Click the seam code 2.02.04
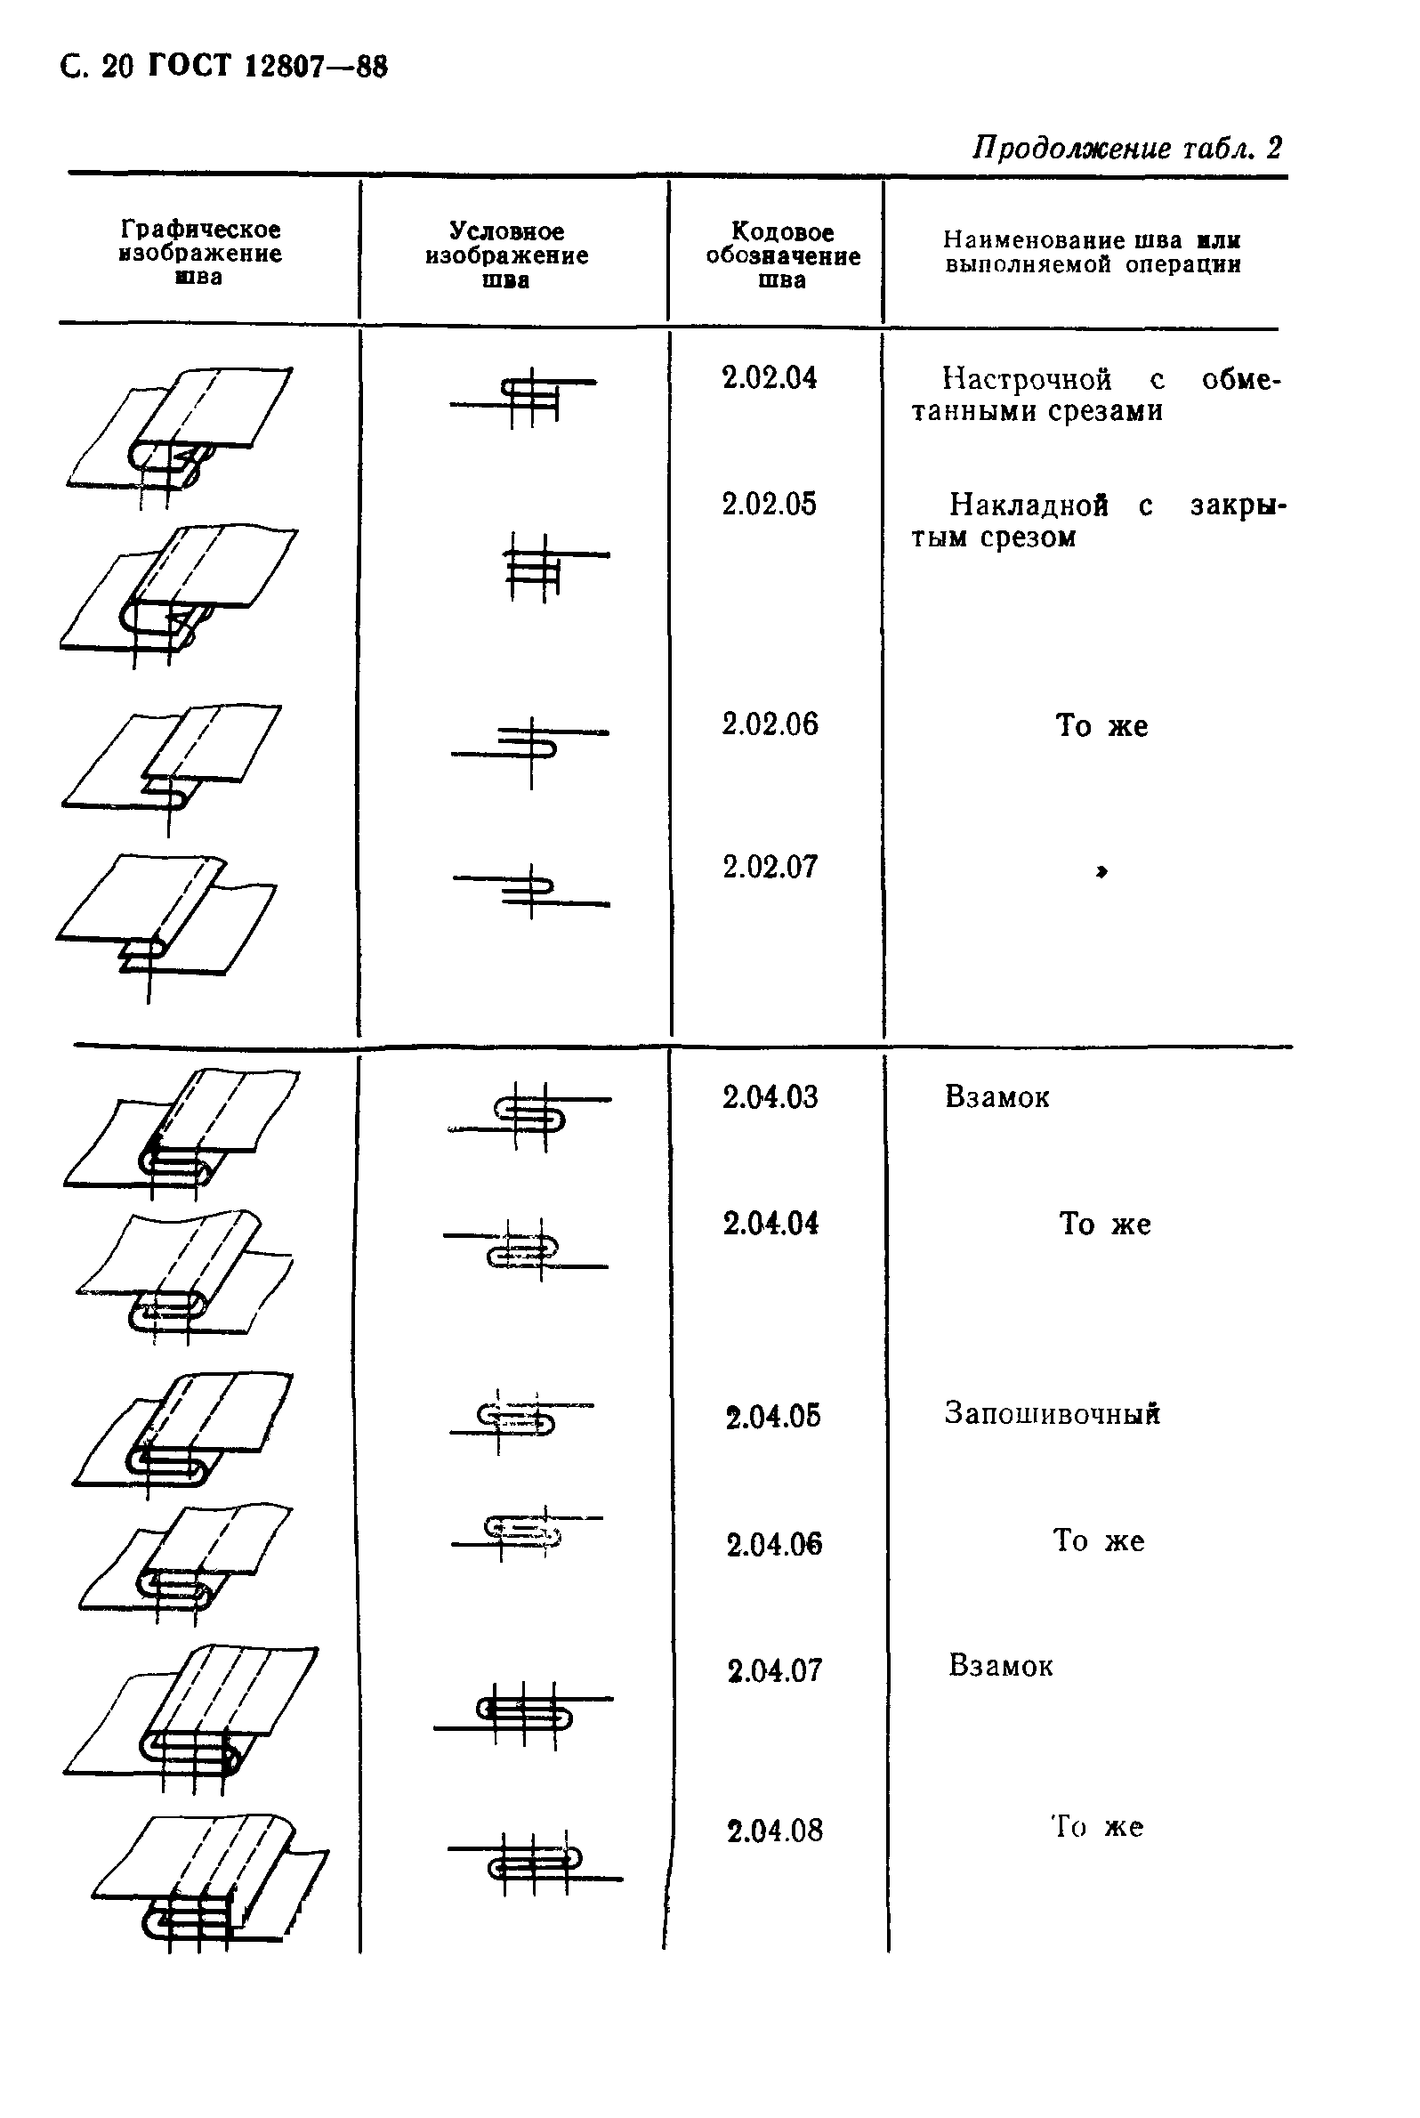coord(769,377)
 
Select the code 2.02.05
coord(769,504)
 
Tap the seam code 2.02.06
coord(770,724)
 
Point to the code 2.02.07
coord(770,867)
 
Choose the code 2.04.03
coord(770,1097)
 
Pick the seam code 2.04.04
coord(771,1224)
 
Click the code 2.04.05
coord(772,1416)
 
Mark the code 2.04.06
coord(773,1544)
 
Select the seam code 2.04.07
coord(774,1670)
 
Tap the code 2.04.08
coord(774,1831)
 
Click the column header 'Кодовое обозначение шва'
coord(782,255)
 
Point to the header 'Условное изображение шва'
coord(506,255)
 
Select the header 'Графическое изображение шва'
coord(200,253)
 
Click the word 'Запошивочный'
coord(1052,1413)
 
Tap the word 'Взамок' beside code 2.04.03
coord(996,1097)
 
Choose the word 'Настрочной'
coord(1026,379)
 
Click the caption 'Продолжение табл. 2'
coord(1126,148)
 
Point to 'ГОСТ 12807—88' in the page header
coord(266,67)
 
